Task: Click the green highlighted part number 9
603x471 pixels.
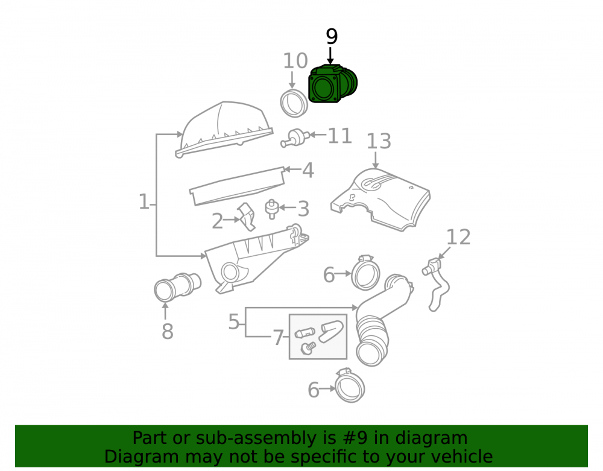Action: point(333,84)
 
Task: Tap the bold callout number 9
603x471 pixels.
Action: point(332,37)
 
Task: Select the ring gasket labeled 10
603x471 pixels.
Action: point(294,103)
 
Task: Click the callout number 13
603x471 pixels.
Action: point(379,141)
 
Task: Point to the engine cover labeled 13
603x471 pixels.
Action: point(380,200)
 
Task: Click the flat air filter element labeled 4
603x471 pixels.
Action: point(237,186)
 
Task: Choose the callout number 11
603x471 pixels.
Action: point(339,136)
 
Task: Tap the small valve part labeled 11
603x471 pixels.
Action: point(295,138)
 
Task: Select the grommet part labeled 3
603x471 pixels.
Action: point(271,209)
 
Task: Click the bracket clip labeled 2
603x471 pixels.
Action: point(246,217)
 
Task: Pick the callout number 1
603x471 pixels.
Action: point(144,202)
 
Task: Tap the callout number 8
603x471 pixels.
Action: point(167,332)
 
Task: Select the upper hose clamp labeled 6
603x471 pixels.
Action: point(365,273)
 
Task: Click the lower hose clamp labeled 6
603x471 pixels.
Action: point(350,385)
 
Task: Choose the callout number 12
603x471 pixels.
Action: point(458,237)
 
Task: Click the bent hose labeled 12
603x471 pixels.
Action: point(436,285)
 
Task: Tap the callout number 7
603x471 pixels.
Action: point(278,338)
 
